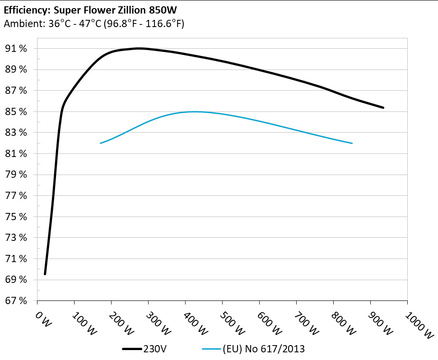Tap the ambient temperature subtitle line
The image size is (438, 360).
click(93, 24)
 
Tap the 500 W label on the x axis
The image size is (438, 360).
click(230, 323)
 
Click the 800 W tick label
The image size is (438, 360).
click(341, 323)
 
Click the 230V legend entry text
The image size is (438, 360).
click(154, 349)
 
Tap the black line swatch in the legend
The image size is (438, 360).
click(132, 349)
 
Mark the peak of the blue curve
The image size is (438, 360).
click(194, 111)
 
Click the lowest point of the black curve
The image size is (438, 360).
click(45, 273)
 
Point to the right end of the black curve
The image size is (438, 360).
click(383, 107)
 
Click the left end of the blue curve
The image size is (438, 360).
click(101, 143)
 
